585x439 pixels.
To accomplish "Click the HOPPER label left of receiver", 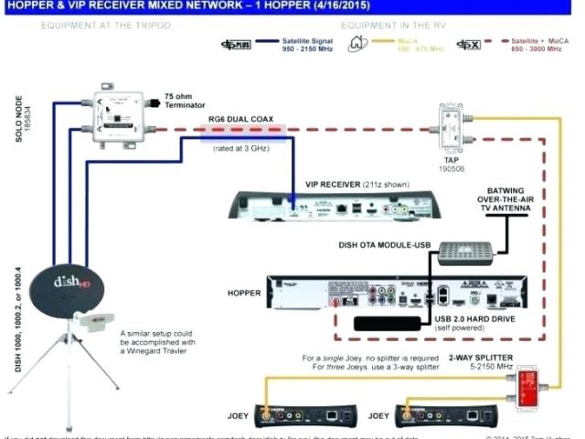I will (244, 294).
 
